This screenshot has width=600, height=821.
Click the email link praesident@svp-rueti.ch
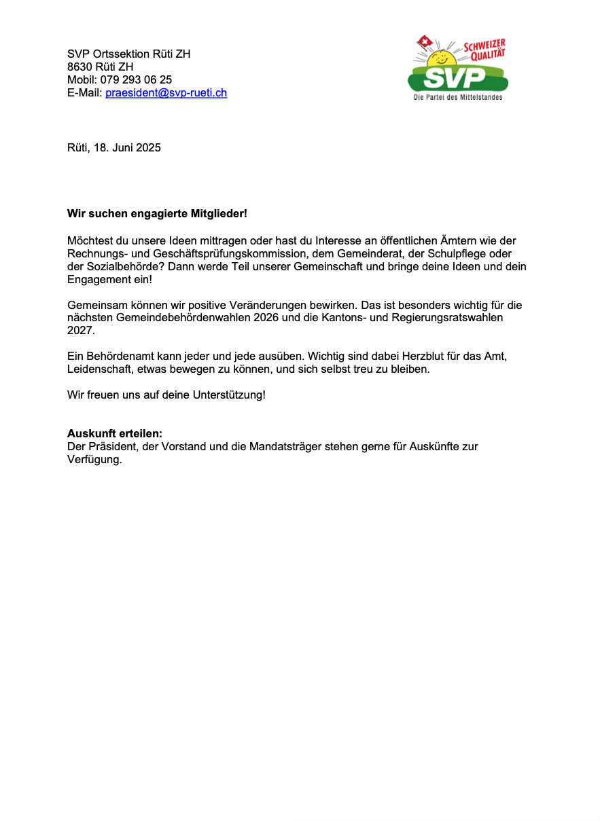[x=166, y=93]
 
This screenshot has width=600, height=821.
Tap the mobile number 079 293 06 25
[x=138, y=80]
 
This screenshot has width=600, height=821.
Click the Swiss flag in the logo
[x=425, y=43]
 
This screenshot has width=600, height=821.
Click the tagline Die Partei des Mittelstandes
[x=458, y=98]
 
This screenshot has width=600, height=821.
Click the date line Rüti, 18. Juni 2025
[x=114, y=147]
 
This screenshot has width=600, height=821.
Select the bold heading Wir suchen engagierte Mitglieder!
[x=157, y=214]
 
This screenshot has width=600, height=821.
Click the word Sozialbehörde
[x=116, y=267]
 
